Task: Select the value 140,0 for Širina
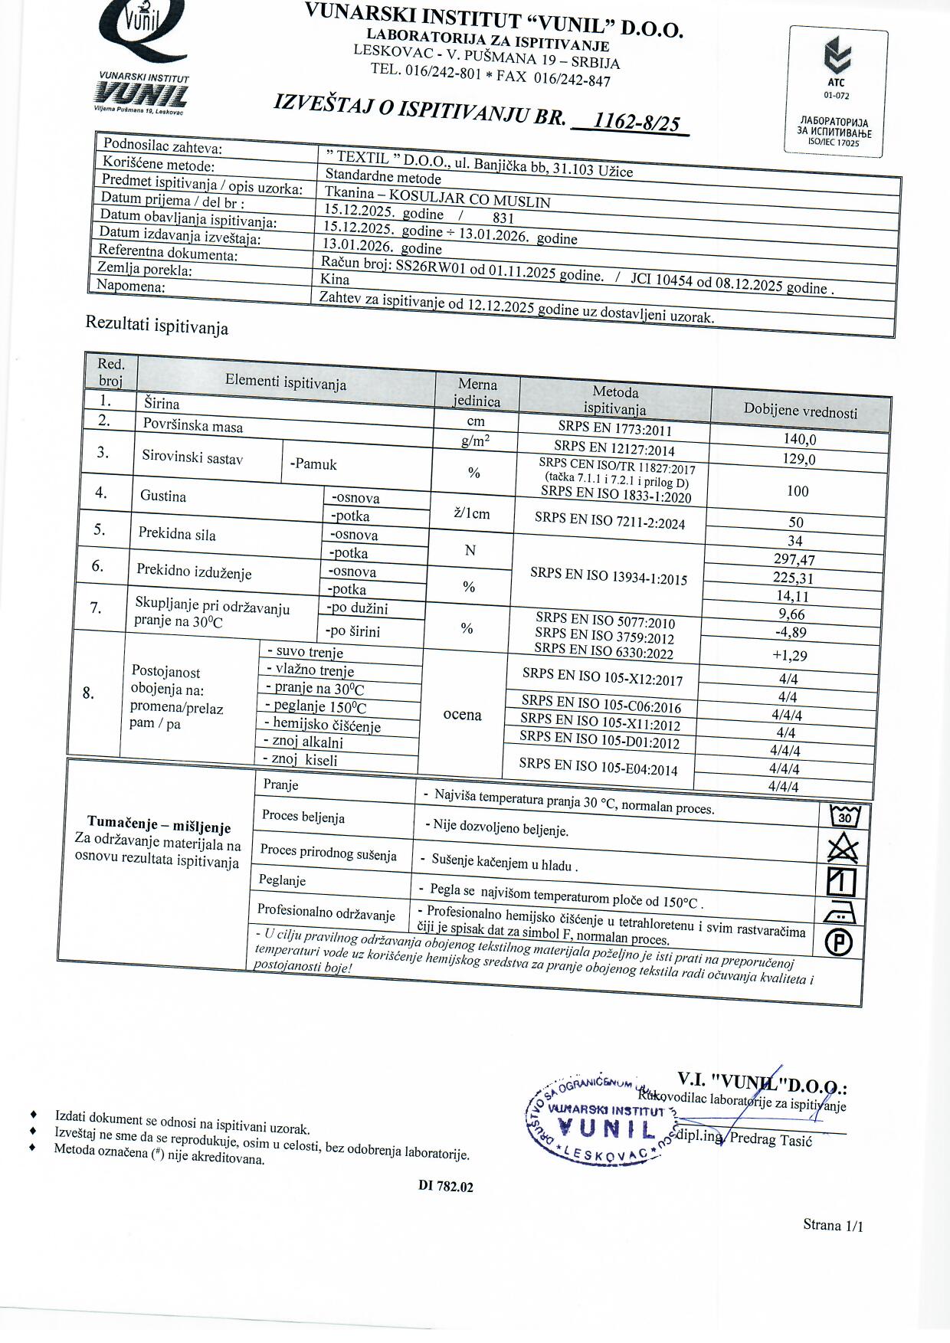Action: coord(799,439)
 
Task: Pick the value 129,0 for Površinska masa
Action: coord(799,459)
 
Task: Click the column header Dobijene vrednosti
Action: coord(800,411)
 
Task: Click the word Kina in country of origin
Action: coord(335,280)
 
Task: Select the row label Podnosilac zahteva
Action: coord(162,146)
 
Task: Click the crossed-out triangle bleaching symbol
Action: coord(843,849)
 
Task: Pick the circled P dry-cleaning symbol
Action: coord(838,942)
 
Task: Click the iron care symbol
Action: coord(840,912)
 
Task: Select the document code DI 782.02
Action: coord(446,1186)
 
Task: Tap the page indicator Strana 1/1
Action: coord(833,1225)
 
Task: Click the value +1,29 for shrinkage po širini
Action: coord(789,656)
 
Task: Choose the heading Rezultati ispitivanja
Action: coord(156,326)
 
